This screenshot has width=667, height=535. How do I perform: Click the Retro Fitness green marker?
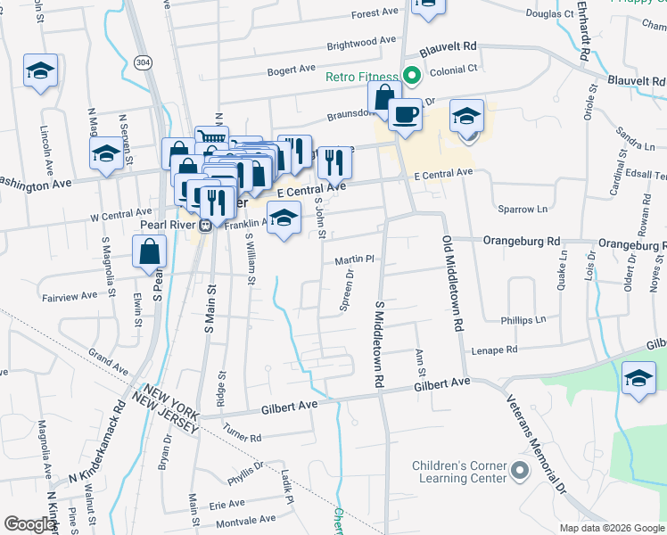[413, 78]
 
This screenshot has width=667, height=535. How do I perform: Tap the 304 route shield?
[143, 62]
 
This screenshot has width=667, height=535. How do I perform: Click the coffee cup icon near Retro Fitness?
[406, 115]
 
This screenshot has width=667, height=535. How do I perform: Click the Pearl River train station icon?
[205, 225]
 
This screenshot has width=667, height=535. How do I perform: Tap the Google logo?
[29, 524]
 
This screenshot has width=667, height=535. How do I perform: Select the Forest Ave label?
[375, 14]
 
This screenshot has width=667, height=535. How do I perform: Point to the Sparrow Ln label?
[523, 209]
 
